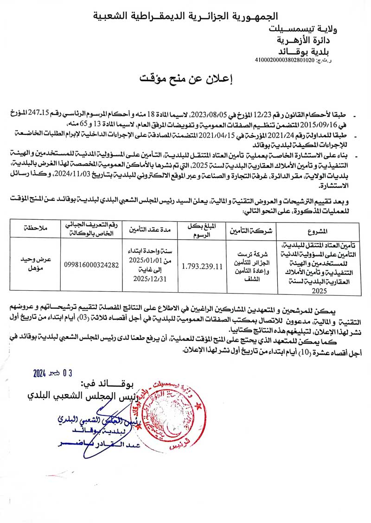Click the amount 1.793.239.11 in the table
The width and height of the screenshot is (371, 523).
[x=203, y=266]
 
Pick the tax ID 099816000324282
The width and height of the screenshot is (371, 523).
[x=93, y=265]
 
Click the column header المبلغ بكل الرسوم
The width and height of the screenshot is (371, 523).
[x=203, y=230]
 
